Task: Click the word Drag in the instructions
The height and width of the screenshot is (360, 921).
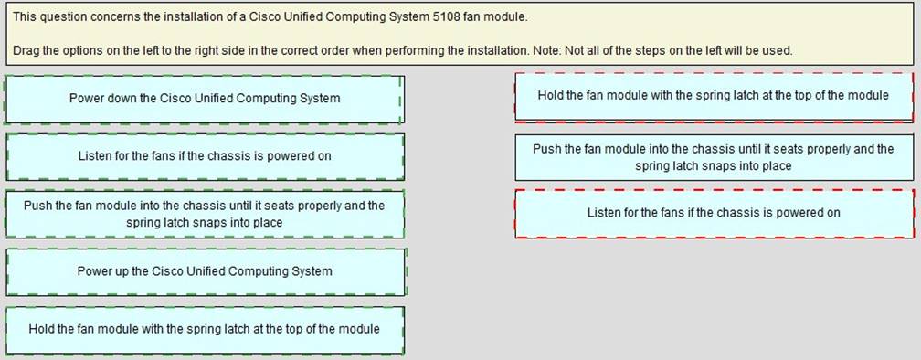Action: [x=28, y=49]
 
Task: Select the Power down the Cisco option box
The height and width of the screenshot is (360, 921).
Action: [x=205, y=99]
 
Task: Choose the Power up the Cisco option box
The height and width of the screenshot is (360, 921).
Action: [x=205, y=271]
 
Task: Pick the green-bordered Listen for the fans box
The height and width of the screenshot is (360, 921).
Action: [x=205, y=156]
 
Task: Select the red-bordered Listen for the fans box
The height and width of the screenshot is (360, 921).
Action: [x=714, y=213]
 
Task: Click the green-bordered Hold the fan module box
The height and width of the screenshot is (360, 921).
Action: [x=205, y=329]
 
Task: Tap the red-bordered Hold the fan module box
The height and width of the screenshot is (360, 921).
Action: [x=714, y=96]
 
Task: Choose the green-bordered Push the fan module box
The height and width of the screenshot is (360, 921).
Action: [x=205, y=214]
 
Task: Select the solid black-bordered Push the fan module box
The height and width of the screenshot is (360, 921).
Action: [x=714, y=157]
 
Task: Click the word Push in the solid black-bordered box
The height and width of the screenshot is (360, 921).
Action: [x=546, y=149]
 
